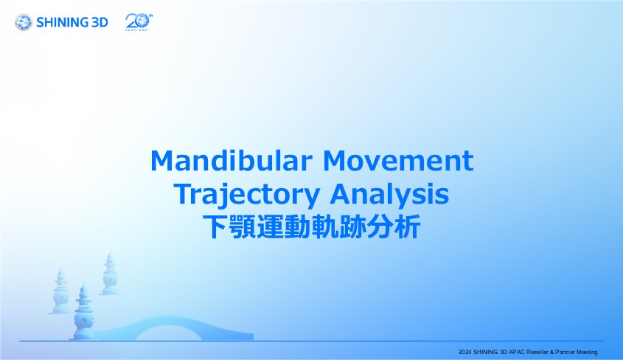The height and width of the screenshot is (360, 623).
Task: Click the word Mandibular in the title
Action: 232,160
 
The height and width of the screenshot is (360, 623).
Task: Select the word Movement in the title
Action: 398,160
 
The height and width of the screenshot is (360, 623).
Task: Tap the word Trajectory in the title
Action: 247,195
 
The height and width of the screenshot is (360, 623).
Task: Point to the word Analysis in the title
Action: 389,195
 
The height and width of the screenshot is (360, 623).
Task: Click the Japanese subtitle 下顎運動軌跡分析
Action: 311,227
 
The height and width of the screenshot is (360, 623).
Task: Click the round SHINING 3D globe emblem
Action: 24,22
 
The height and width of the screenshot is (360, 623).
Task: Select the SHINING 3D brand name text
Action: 72,22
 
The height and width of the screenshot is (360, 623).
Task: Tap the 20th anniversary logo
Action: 139,22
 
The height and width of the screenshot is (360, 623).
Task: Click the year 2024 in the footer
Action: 465,352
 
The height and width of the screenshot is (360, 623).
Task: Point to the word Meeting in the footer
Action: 587,352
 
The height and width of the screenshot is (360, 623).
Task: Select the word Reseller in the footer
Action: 537,352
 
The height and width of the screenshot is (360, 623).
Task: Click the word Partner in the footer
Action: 565,352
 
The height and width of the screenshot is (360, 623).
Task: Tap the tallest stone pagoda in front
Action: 84,312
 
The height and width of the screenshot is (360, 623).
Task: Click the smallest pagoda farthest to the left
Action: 60,291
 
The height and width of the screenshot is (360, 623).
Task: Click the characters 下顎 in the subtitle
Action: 229,227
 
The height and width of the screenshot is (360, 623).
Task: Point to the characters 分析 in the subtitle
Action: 394,227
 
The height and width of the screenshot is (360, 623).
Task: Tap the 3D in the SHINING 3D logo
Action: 100,22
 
